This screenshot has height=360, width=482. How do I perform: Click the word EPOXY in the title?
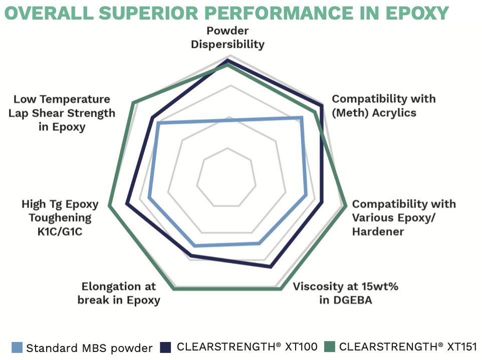tap(417, 13)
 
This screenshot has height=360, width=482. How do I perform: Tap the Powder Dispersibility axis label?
tap(228, 38)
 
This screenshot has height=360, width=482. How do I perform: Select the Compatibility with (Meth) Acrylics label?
tap(384, 105)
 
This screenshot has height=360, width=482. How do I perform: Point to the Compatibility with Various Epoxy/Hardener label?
tap(404, 218)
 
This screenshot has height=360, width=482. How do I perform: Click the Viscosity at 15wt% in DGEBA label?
tap(346, 293)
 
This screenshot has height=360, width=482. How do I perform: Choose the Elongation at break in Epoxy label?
tap(119, 293)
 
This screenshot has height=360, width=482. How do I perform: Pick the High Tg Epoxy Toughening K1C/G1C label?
tap(60, 218)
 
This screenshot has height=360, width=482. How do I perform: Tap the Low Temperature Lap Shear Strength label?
tap(62, 113)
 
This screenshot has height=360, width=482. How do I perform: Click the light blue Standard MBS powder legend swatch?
tap(17, 347)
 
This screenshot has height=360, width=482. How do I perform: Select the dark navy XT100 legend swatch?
tap(165, 347)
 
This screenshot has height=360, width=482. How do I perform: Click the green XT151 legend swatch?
tap(330, 346)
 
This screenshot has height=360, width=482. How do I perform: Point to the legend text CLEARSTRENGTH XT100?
tap(247, 347)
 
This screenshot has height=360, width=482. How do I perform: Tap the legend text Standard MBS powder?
tap(89, 348)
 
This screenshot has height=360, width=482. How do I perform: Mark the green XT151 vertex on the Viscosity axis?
tap(280, 289)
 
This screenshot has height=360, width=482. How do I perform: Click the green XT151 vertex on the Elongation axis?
tap(174, 289)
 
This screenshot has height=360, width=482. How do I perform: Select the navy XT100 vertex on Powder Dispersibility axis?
tap(228, 60)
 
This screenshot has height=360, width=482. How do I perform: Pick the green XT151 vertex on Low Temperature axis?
tap(133, 103)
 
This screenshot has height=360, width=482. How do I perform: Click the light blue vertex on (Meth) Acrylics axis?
tap(302, 117)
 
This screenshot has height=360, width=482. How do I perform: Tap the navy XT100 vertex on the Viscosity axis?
tap(271, 266)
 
